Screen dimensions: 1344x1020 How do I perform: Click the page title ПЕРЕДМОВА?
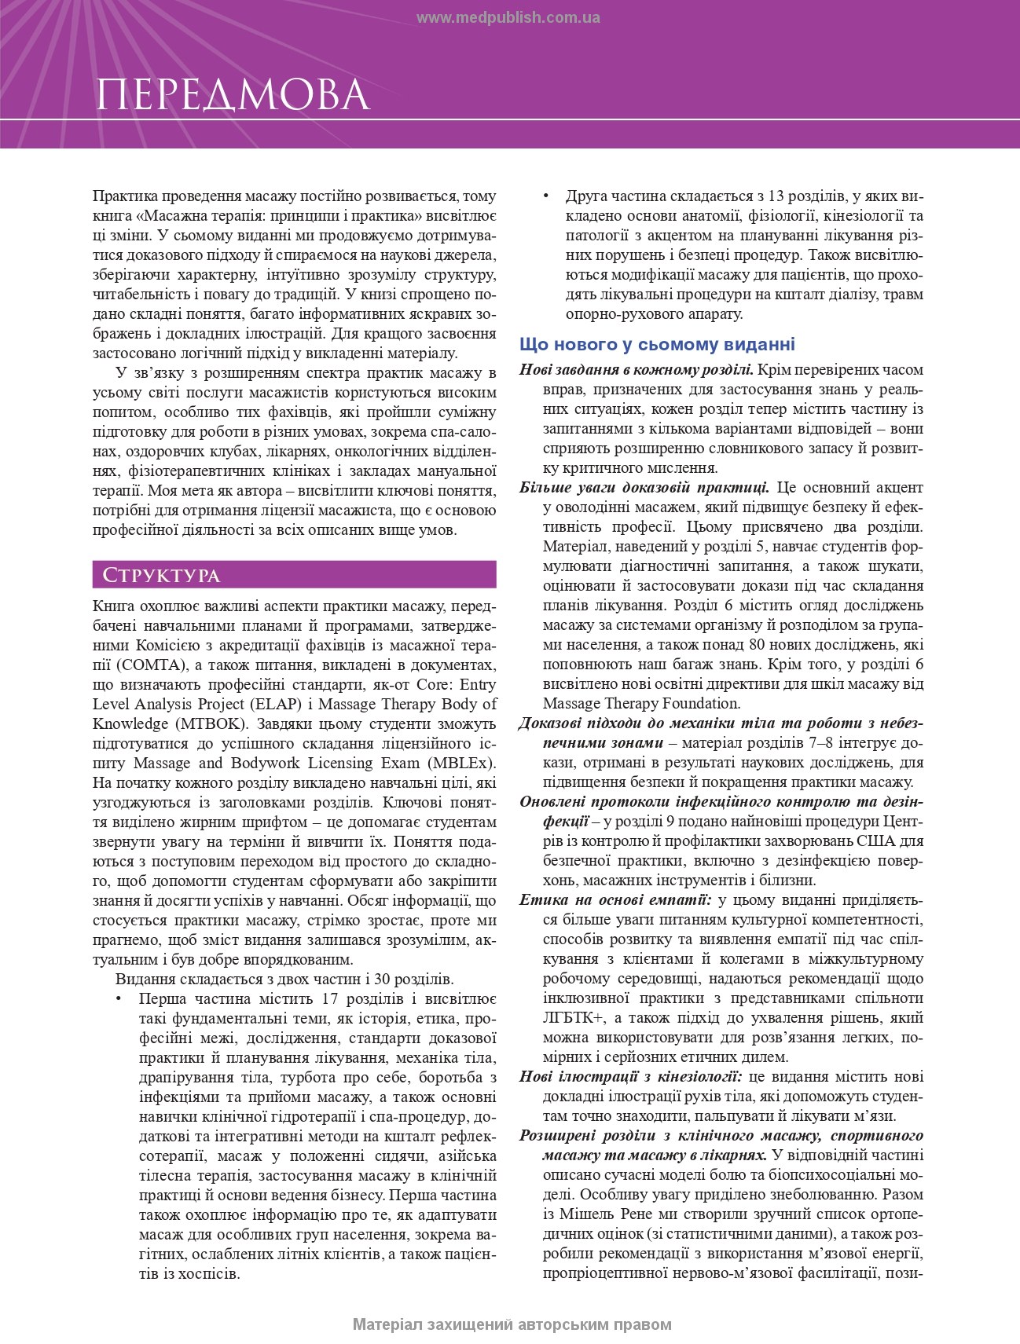pyautogui.click(x=233, y=95)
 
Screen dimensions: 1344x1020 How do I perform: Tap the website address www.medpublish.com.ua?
pyautogui.click(x=508, y=18)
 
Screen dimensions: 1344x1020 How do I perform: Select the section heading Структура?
pyautogui.click(x=156, y=575)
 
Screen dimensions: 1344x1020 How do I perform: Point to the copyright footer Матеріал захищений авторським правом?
pyautogui.click(x=512, y=1324)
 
